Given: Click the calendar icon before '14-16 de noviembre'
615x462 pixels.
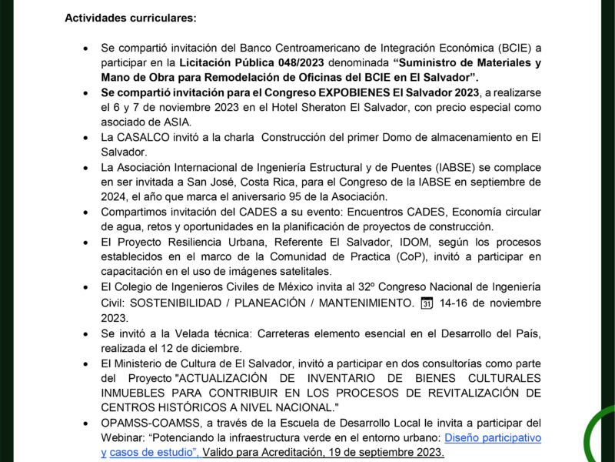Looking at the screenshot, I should click(x=427, y=303).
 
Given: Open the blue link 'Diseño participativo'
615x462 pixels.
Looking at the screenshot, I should click(x=493, y=438).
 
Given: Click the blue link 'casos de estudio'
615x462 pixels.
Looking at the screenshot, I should click(x=154, y=453).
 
